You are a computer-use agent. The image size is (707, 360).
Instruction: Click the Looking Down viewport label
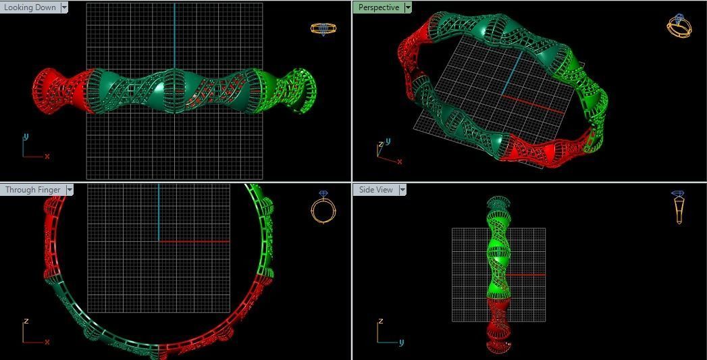[30, 7]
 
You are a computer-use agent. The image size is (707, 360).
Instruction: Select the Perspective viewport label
[378, 7]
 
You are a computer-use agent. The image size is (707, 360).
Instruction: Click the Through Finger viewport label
[32, 190]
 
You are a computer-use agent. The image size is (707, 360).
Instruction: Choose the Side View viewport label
[375, 190]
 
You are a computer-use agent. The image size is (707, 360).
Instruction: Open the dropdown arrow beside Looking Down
[64, 7]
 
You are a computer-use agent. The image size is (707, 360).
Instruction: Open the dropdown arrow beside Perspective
[407, 7]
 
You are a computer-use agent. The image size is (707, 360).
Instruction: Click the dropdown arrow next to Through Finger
[70, 190]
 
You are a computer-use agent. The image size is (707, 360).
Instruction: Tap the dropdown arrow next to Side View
[402, 190]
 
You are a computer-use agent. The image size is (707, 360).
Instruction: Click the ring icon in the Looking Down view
[323, 28]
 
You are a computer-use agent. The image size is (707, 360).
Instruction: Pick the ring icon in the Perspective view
[678, 26]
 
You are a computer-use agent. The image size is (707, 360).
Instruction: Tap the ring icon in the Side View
[679, 207]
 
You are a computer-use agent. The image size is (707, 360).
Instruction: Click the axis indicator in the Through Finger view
[32, 334]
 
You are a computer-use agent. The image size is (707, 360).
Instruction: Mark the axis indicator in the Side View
[386, 334]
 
